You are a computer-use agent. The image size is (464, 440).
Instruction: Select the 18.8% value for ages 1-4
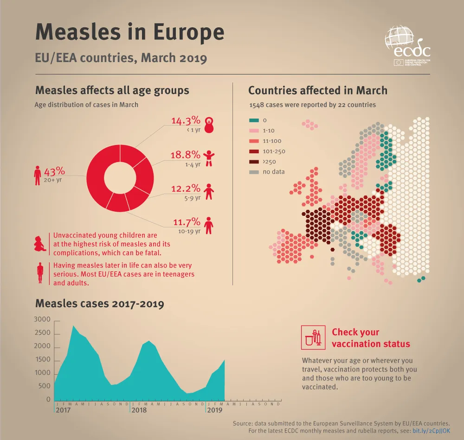pyautogui.click(x=186, y=155)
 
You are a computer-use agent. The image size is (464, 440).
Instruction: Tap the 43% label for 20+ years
pyautogui.click(x=54, y=171)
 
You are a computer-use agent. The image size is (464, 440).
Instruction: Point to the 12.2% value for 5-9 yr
pyautogui.click(x=186, y=189)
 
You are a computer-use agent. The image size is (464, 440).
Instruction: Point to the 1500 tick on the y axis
pyautogui.click(x=43, y=360)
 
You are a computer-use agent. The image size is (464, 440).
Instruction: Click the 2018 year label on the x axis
pyautogui.click(x=139, y=410)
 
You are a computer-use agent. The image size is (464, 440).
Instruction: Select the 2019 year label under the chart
pyautogui.click(x=214, y=410)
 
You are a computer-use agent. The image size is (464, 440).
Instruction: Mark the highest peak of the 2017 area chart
pyautogui.click(x=73, y=326)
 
